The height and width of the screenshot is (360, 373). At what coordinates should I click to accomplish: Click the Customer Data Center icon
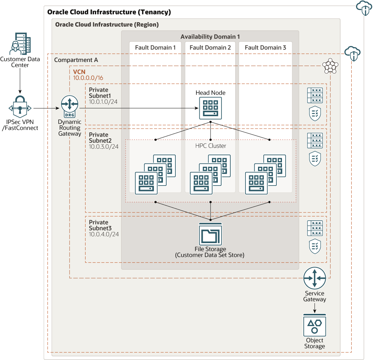coord(20,44)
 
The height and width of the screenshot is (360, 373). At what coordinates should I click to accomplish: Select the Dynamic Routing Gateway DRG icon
coord(70,107)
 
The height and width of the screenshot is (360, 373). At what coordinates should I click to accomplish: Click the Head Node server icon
coord(210,108)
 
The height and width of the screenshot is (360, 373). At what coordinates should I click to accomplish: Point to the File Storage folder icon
coord(210,234)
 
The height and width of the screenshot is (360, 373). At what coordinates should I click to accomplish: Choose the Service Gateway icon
coord(314,278)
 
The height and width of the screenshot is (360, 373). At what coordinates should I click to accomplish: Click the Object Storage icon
coord(314,325)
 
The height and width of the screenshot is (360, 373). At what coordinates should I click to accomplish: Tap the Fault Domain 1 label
coord(155,48)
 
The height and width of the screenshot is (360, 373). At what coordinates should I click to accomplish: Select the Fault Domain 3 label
coord(265,48)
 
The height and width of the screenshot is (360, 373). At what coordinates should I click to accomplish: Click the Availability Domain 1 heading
coord(210,37)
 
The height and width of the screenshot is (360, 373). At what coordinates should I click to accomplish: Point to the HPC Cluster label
coord(210,146)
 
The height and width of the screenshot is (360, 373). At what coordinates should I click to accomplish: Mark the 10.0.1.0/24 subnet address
coord(104,101)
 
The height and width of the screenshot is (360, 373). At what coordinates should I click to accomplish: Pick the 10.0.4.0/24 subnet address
coord(104,234)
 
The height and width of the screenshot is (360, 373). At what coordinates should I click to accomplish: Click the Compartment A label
coord(76,60)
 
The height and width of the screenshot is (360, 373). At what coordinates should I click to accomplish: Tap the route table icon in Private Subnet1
coord(314,95)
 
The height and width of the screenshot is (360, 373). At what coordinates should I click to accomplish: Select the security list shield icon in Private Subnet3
coord(314,246)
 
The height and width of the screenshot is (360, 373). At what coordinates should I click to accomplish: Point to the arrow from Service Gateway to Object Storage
coord(314,308)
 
